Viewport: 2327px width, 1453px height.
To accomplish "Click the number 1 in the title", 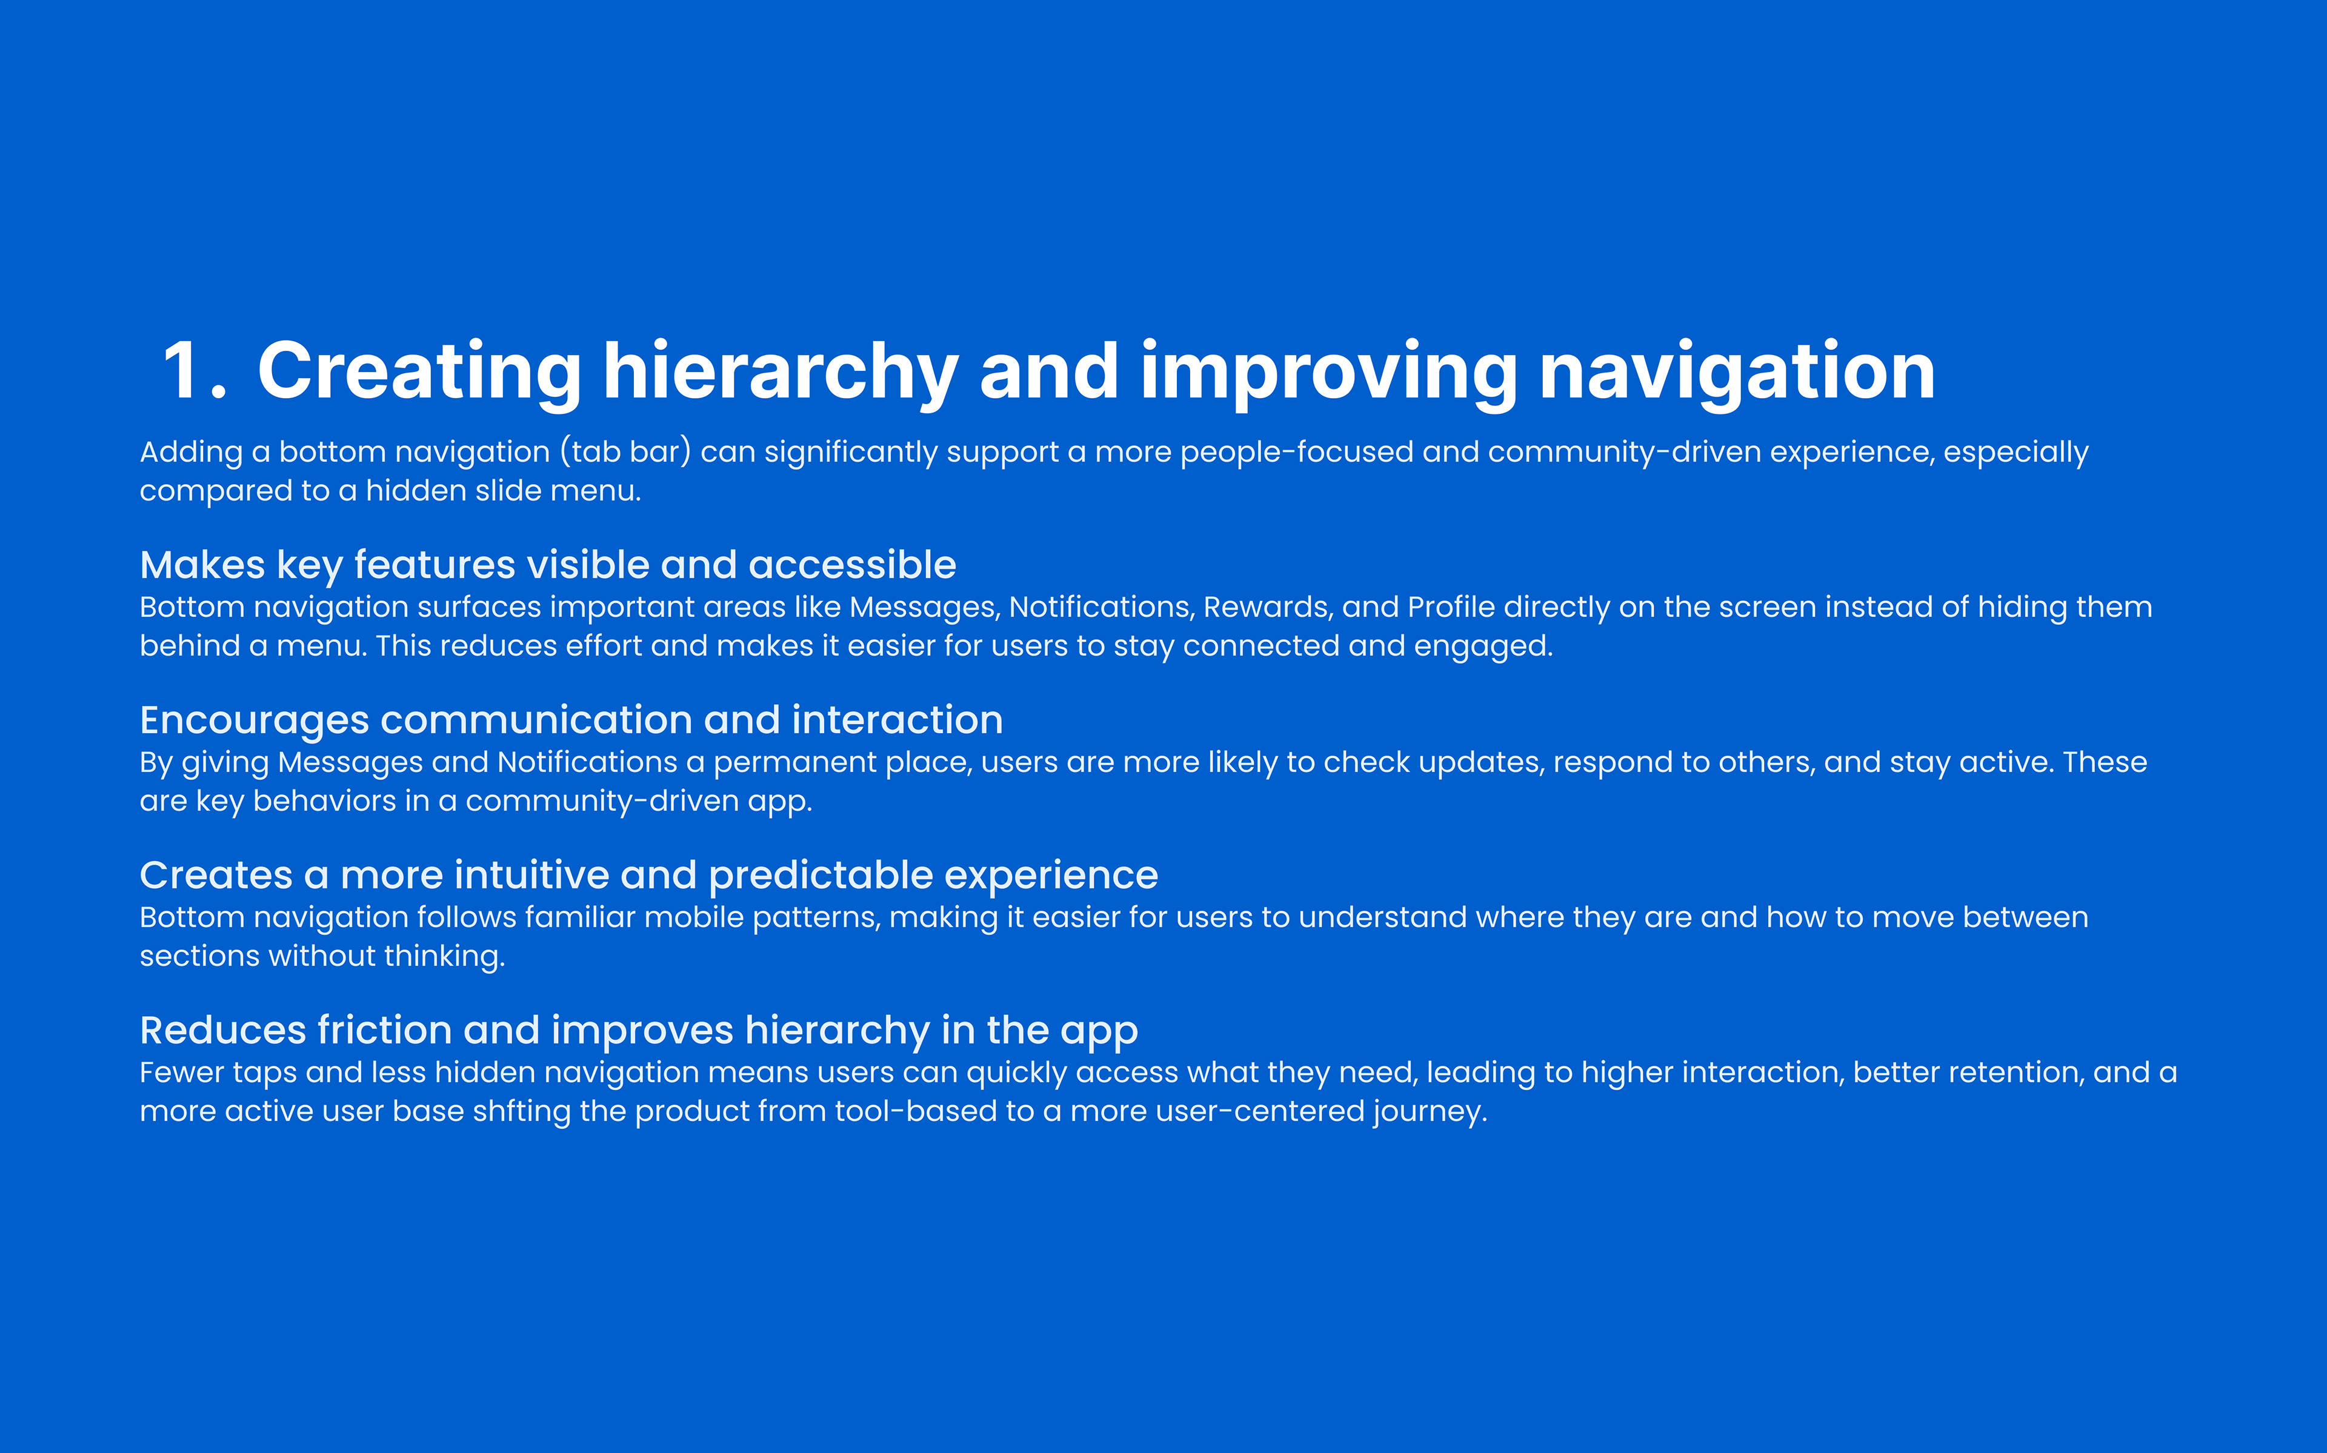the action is point(182,370).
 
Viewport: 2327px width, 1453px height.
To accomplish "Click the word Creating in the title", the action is point(419,373).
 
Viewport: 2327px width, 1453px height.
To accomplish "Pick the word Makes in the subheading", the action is point(202,565).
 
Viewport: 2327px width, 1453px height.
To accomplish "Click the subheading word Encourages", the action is point(255,720).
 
